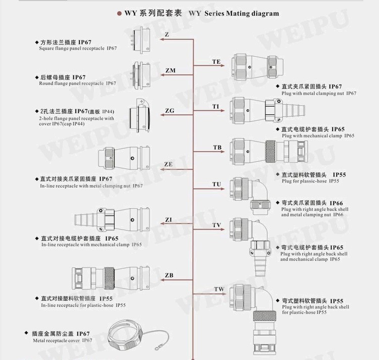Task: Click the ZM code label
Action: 170,70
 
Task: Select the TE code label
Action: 216,62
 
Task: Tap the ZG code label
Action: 170,111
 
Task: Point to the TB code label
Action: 217,147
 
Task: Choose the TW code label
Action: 219,289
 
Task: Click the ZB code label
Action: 169,275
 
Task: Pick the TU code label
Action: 217,184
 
